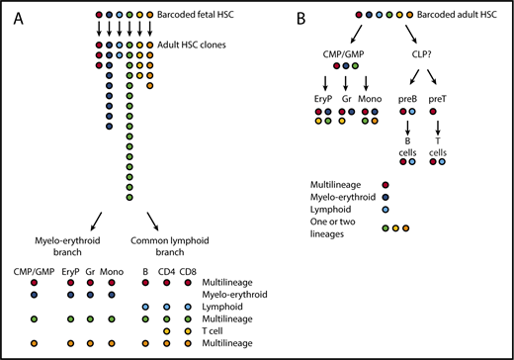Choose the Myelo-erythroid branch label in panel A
click(x=71, y=242)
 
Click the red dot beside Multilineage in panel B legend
click(x=384, y=184)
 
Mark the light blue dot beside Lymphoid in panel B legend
click(x=384, y=213)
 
